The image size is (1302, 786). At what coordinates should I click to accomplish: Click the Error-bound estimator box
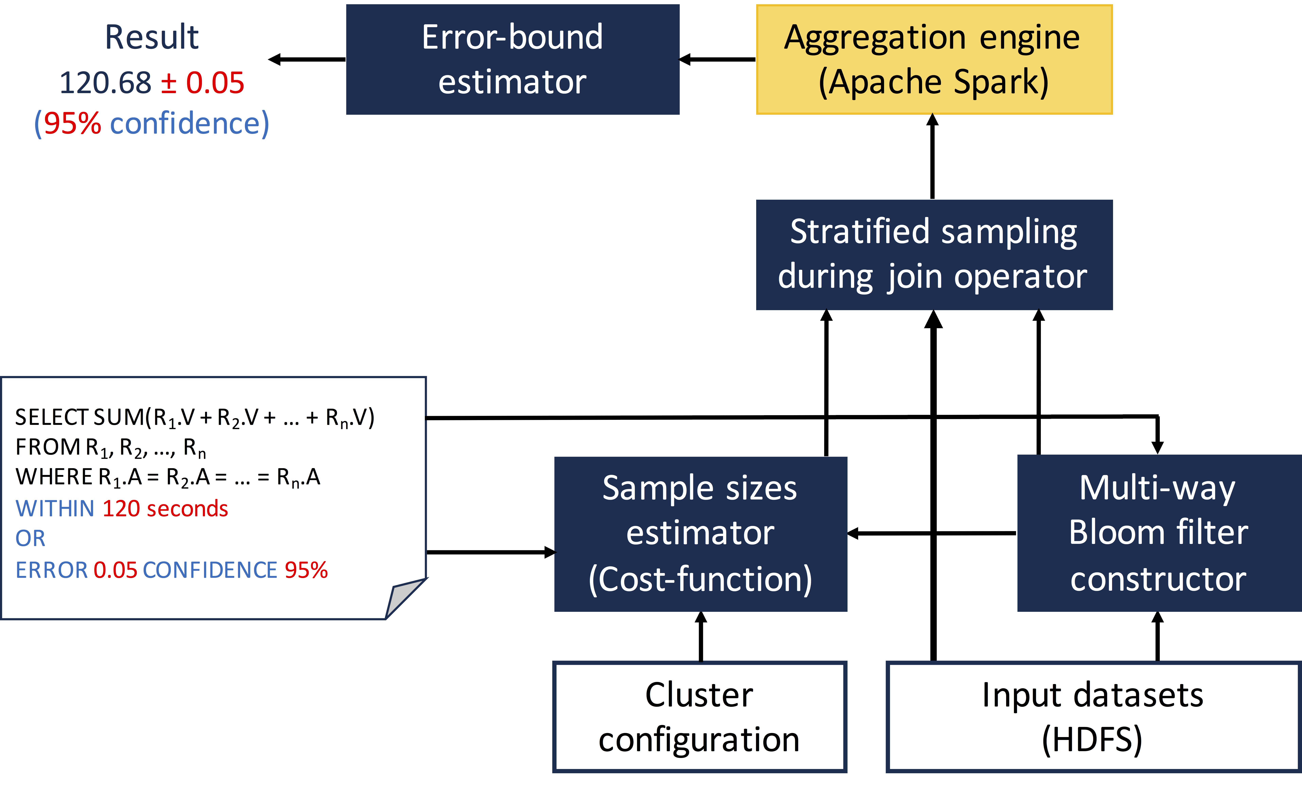pyautogui.click(x=513, y=59)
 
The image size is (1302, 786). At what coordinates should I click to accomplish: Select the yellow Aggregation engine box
pyautogui.click(x=934, y=59)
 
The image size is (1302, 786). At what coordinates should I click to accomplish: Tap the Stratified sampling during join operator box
pyautogui.click(x=934, y=255)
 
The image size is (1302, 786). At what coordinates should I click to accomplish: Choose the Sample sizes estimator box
pyautogui.click(x=701, y=534)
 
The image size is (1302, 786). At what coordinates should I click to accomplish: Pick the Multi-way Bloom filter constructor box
pyautogui.click(x=1159, y=533)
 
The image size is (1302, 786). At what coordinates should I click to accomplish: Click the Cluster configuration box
pyautogui.click(x=700, y=717)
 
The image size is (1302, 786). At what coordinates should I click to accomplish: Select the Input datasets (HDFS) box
pyautogui.click(x=1094, y=717)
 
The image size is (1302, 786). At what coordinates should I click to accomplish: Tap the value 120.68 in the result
pyautogui.click(x=105, y=83)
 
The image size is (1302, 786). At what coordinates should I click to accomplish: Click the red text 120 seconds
pyautogui.click(x=165, y=508)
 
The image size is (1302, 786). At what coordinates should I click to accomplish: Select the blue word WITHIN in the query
pyautogui.click(x=55, y=508)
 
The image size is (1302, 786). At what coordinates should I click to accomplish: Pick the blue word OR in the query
pyautogui.click(x=30, y=539)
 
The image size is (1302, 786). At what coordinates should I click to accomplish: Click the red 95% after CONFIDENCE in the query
pyautogui.click(x=307, y=570)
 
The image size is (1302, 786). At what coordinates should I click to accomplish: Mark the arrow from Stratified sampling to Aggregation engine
pyautogui.click(x=933, y=157)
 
